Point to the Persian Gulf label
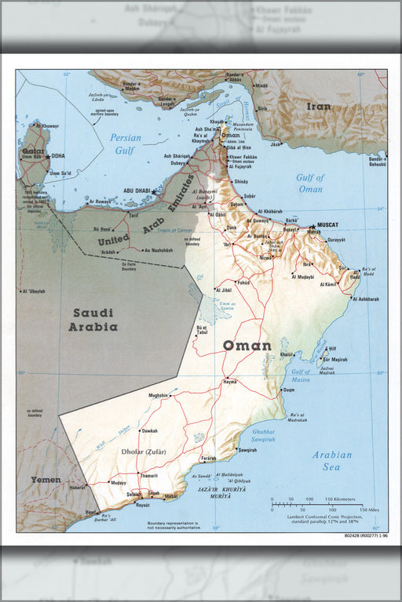126,143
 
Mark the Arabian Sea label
332,460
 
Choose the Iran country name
319,106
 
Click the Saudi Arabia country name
93,321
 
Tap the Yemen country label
46,479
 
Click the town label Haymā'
229,381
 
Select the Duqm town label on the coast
288,390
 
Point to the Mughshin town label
157,396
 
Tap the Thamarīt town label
148,476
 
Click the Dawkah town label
149,430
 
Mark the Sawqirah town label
247,450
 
